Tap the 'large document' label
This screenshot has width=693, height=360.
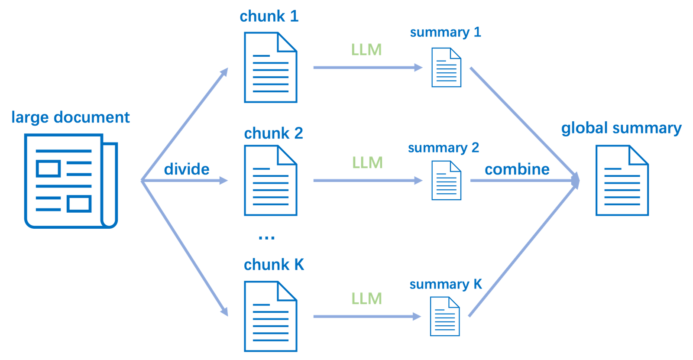[70, 117]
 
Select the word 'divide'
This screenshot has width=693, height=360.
[187, 169]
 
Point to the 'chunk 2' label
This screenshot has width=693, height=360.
[274, 133]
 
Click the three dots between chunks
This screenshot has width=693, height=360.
[266, 237]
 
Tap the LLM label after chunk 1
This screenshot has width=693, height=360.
[366, 50]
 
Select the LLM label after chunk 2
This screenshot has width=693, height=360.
[367, 163]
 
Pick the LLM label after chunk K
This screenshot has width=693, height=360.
[367, 298]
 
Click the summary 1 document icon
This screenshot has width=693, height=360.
[446, 67]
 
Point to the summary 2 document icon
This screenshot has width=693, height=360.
[446, 180]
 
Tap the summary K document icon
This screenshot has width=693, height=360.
[445, 316]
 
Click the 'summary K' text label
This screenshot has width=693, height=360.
[446, 284]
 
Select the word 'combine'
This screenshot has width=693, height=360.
[517, 169]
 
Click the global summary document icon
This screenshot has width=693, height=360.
[622, 181]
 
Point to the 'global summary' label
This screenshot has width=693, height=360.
[621, 128]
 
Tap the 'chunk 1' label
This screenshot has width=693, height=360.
[269, 16]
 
